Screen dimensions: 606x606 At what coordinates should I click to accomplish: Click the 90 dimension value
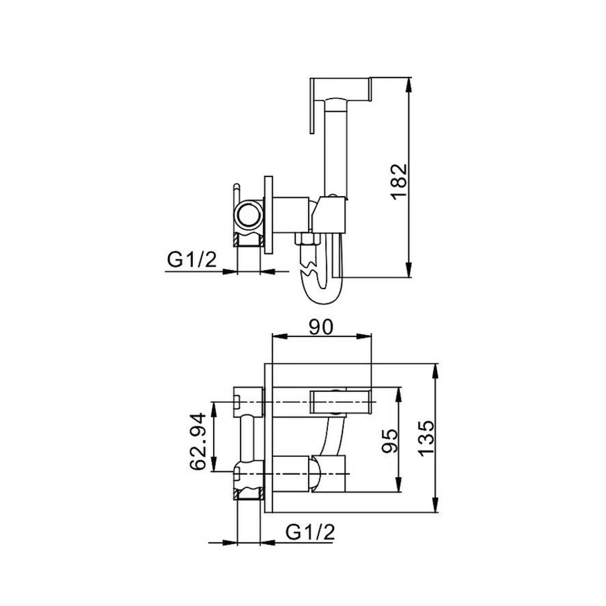pos(321,327)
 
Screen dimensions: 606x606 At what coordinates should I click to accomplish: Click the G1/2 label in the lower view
pos(310,532)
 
